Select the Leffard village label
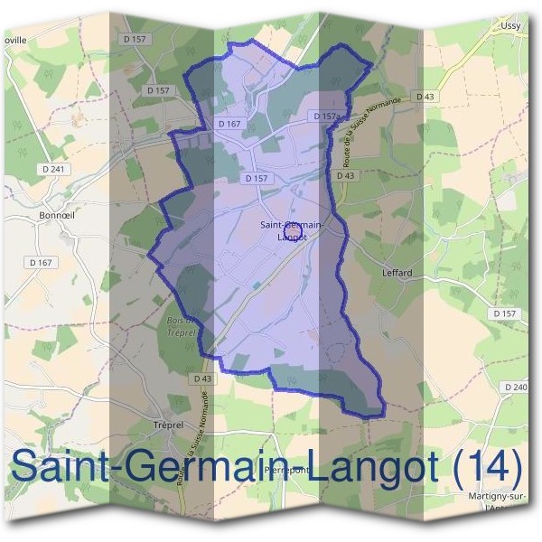point(397,272)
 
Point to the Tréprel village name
point(168,423)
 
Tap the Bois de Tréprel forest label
point(183,326)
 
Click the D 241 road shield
point(55,168)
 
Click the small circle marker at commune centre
point(291,233)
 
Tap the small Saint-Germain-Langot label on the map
point(291,229)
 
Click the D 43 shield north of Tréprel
point(201,378)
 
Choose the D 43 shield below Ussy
point(425,96)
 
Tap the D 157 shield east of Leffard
point(506,313)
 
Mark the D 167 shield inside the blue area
point(229,123)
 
